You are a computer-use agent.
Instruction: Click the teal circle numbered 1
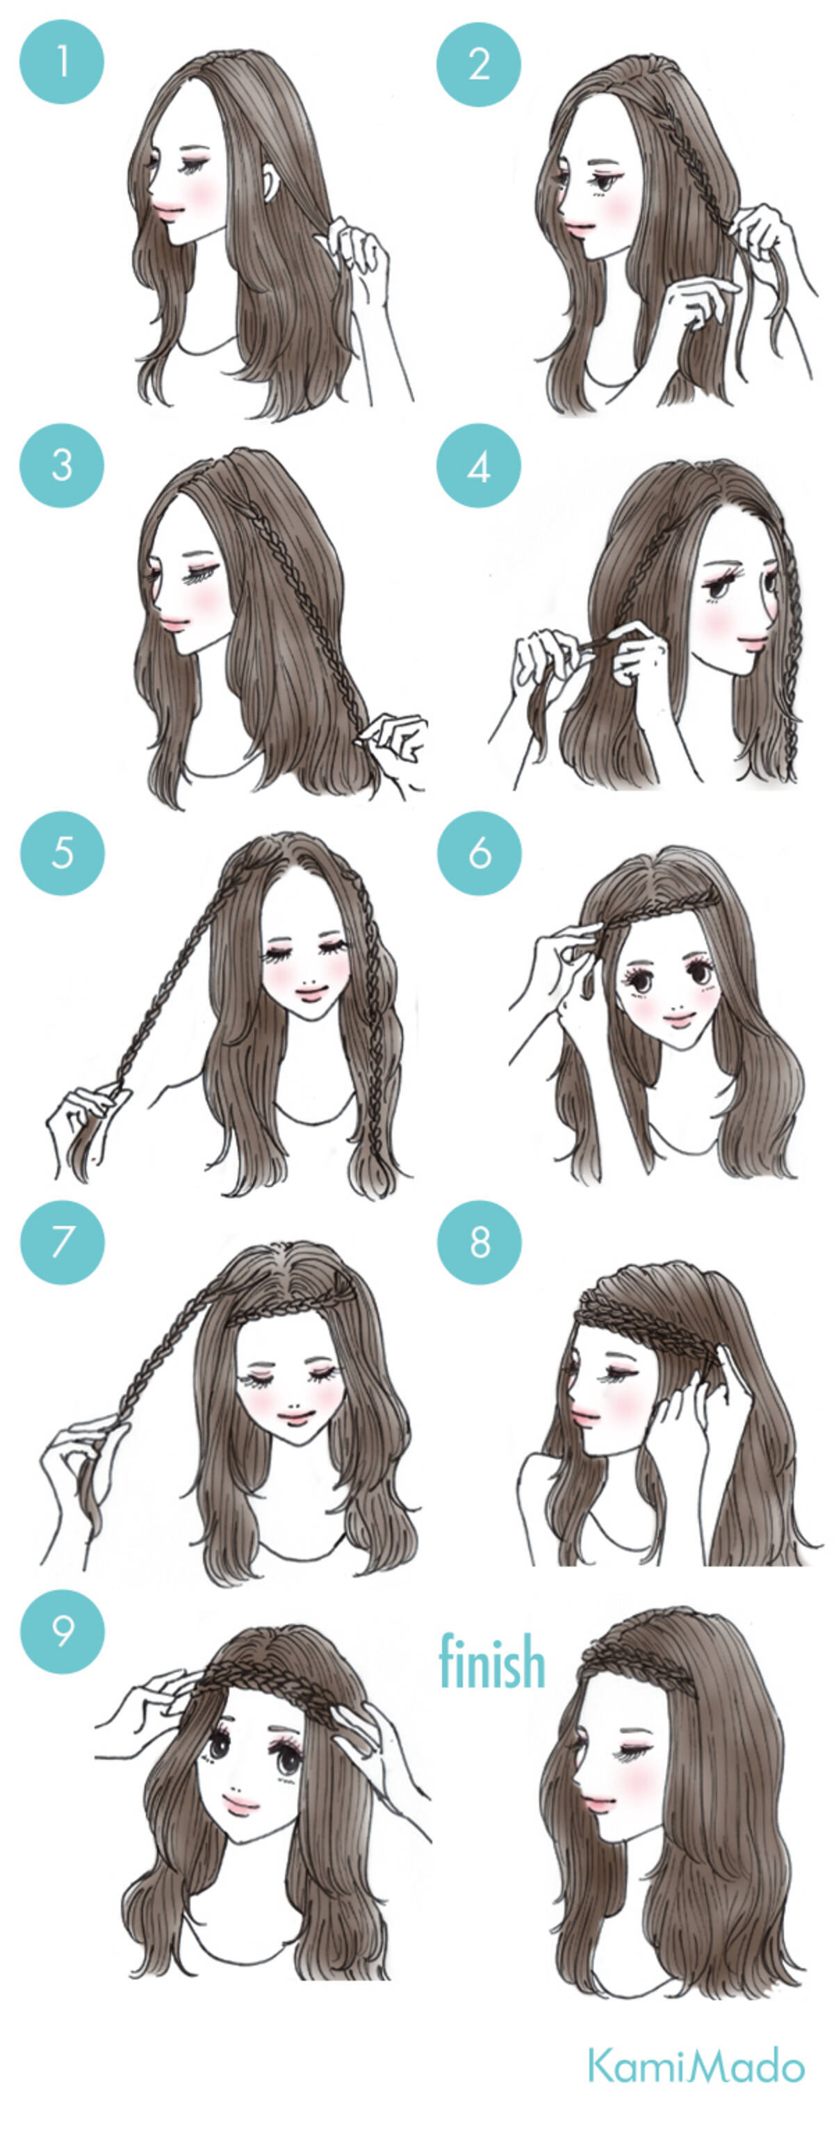coord(62,63)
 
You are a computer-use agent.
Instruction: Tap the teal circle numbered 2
coord(478,64)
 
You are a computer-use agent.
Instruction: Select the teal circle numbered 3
coord(62,465)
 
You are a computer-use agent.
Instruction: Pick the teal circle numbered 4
coord(478,465)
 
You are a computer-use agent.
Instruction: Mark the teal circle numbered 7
coord(63,1241)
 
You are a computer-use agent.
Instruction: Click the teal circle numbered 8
coord(479,1241)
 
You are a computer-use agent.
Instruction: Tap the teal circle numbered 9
coord(63,1630)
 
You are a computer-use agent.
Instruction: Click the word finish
coord(491,1660)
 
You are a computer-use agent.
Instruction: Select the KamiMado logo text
coord(696,2065)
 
